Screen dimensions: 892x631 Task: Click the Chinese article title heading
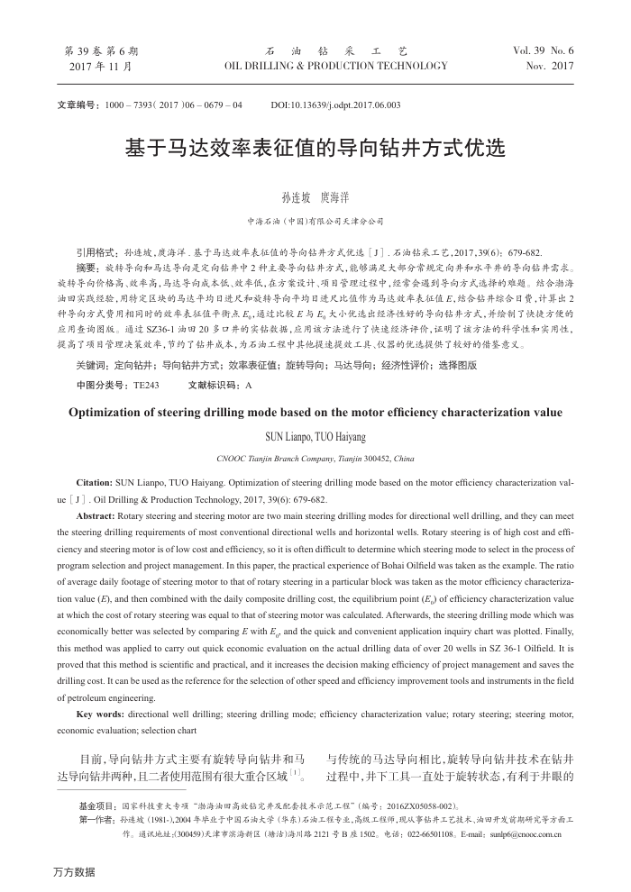click(315, 148)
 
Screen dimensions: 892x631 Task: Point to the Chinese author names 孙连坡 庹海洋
click(315, 196)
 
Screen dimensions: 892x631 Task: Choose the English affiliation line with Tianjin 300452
click(315, 459)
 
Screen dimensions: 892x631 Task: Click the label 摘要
click(87, 269)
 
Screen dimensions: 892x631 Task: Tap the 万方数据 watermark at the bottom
click(73, 871)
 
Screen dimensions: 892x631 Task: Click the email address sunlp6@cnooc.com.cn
click(527, 834)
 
